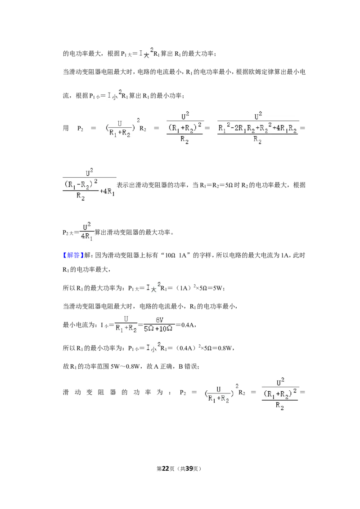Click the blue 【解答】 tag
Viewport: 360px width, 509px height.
click(x=73, y=255)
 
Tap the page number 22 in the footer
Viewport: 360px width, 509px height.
click(x=166, y=469)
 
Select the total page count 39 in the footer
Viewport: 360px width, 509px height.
click(x=189, y=469)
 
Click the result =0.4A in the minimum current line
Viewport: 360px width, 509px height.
click(x=185, y=325)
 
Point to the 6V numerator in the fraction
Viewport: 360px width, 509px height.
click(x=160, y=320)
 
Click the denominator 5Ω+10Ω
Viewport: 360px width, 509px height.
click(x=158, y=329)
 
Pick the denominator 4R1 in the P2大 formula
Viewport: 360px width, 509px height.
click(x=86, y=237)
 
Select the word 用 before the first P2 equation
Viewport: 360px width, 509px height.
click(x=66, y=128)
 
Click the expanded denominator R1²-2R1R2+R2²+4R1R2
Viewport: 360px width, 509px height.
click(x=257, y=129)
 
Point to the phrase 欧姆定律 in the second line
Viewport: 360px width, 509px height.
click(x=261, y=72)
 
